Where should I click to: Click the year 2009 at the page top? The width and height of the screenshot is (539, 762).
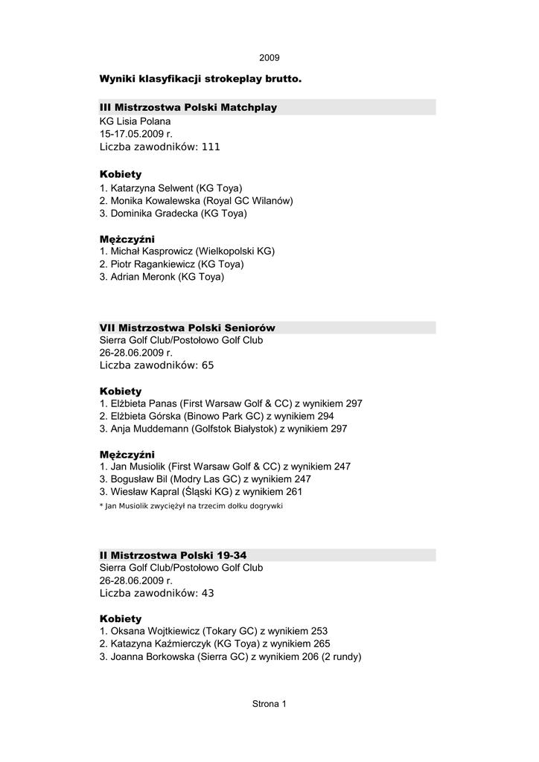coord(269,57)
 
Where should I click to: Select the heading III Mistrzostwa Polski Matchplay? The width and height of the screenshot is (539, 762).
coord(188,108)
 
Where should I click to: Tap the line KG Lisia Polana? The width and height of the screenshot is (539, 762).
coord(135,121)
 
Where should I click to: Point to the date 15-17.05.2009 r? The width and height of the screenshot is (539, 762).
coord(135,134)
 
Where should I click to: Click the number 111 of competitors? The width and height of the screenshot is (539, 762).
coord(211,147)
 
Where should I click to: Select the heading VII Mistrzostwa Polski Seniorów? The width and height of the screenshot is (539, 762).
coord(188,327)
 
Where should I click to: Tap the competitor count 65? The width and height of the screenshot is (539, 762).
coord(208,365)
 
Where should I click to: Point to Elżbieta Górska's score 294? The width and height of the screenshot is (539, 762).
coord(325,416)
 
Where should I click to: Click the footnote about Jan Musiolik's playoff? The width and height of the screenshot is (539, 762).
coord(191,506)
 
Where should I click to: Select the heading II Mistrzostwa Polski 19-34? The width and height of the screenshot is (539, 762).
coord(173,555)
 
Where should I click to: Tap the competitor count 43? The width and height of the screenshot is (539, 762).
coord(208,593)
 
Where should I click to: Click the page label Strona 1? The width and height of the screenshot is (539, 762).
coord(269,704)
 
